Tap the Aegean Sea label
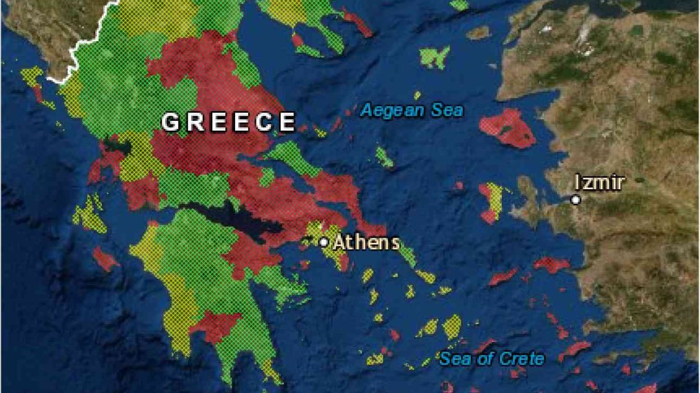tap(412, 111)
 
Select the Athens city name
tap(367, 243)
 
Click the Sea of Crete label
tap(492, 358)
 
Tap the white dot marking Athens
tap(324, 242)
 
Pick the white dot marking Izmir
tap(575, 200)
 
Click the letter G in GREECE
tap(170, 122)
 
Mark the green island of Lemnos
tap(434, 57)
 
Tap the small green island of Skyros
tap(384, 157)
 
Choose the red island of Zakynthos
tap(104, 259)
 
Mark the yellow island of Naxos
tap(452, 327)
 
